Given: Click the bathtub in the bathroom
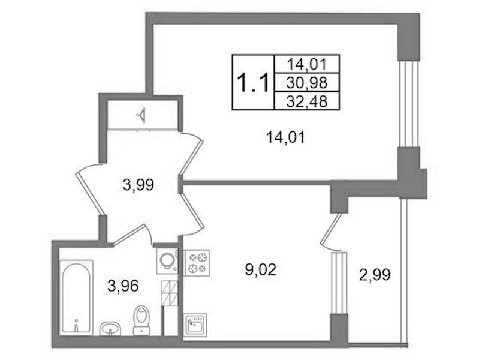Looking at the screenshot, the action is click(x=76, y=297).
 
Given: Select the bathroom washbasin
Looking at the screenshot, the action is click(x=110, y=328).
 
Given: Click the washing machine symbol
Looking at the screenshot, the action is click(x=167, y=261).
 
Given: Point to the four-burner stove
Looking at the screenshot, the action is click(x=197, y=262).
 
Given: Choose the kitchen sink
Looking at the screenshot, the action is click(x=195, y=325).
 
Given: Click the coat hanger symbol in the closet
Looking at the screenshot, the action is click(x=141, y=116).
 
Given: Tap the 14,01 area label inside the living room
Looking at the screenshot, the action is click(x=285, y=137).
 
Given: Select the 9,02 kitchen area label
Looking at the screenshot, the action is click(x=261, y=270).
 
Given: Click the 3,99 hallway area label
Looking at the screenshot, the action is click(x=138, y=185).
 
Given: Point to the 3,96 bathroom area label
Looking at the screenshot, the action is click(x=123, y=286).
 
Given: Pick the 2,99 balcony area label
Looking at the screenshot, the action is click(x=375, y=275).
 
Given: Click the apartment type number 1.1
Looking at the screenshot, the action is click(x=253, y=83).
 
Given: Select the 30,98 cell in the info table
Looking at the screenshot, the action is click(x=307, y=82).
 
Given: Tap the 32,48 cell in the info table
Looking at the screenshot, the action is click(x=307, y=100).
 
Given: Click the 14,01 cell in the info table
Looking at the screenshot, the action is click(x=307, y=64).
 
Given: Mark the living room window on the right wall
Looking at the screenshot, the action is click(x=409, y=104).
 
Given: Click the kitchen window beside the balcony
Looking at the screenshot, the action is click(x=339, y=283).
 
